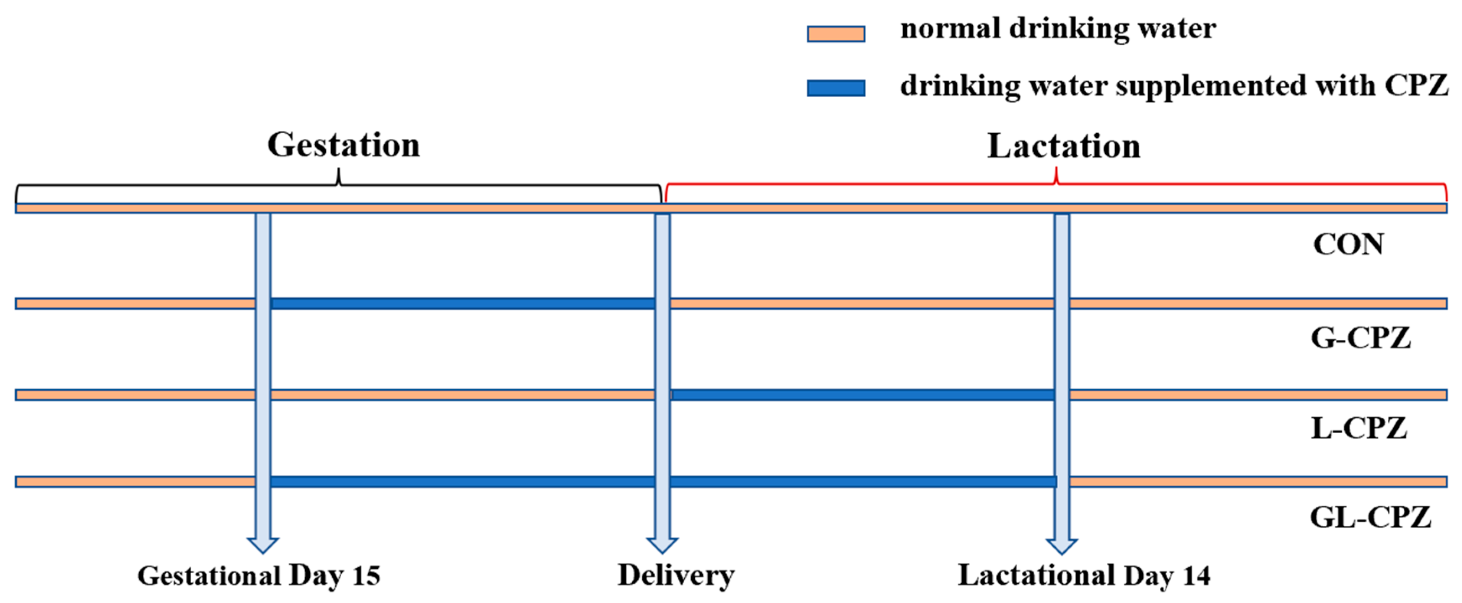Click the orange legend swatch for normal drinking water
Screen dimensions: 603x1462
[x=836, y=34]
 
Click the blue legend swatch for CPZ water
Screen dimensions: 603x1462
[x=836, y=88]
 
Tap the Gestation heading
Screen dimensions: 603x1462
[x=343, y=145]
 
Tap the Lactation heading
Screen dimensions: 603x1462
[x=1064, y=146]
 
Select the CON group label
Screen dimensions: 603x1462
[x=1348, y=244]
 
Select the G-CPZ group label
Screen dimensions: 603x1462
[x=1361, y=338]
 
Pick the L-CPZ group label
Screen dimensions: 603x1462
[x=1359, y=428]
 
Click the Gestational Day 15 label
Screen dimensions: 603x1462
[x=259, y=576]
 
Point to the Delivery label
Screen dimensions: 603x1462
[x=676, y=576]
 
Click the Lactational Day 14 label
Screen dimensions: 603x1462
[x=1084, y=576]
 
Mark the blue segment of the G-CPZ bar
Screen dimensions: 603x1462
[x=462, y=303]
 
